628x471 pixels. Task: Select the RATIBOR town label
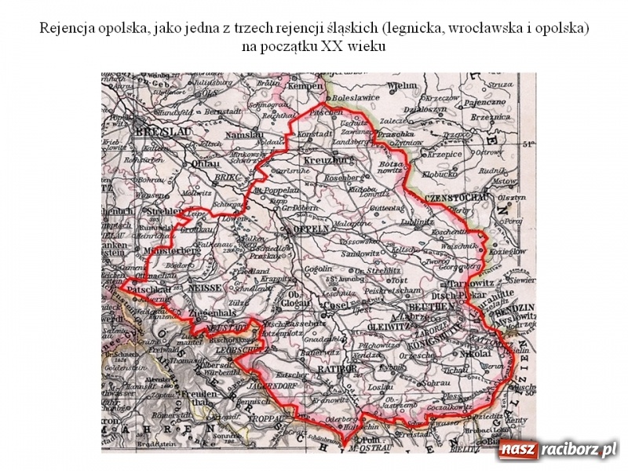coord(336,367)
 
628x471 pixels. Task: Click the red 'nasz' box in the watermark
coord(517,450)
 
